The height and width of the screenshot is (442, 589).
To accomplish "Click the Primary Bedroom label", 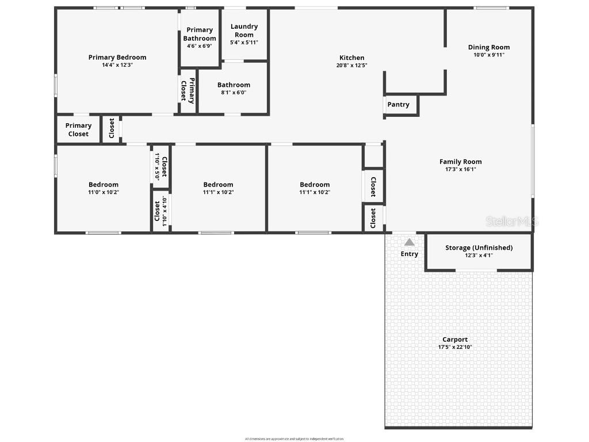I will [117, 57].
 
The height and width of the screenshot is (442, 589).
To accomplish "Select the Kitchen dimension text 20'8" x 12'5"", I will [351, 66].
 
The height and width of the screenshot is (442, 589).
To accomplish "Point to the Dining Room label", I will [489, 47].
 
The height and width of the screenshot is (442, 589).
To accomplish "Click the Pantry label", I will [398, 104].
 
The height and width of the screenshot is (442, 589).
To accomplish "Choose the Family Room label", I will [460, 162].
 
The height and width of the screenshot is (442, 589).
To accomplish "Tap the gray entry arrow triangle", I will [409, 242].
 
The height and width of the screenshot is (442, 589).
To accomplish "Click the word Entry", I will [410, 254].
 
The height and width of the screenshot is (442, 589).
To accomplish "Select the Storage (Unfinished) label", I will [479, 247].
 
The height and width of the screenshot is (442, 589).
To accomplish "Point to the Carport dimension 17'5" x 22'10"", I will [455, 347].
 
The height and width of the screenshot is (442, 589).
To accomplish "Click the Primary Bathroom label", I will [200, 34].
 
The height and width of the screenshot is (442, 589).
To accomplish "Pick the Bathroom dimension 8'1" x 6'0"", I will [234, 93].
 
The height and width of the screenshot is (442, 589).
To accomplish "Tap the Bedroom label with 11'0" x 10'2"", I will [104, 185].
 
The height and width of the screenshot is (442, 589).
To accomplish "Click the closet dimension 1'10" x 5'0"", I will [156, 166].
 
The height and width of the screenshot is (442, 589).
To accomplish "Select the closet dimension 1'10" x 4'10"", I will [165, 211].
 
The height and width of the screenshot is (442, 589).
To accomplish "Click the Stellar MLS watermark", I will [511, 221].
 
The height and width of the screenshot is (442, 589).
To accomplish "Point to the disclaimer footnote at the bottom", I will [294, 439].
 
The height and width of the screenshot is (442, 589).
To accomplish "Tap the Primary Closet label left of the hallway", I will [78, 129].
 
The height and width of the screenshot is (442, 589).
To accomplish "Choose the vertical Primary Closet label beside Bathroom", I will [188, 90].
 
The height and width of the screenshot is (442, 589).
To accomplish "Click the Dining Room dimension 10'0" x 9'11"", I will [489, 55].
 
